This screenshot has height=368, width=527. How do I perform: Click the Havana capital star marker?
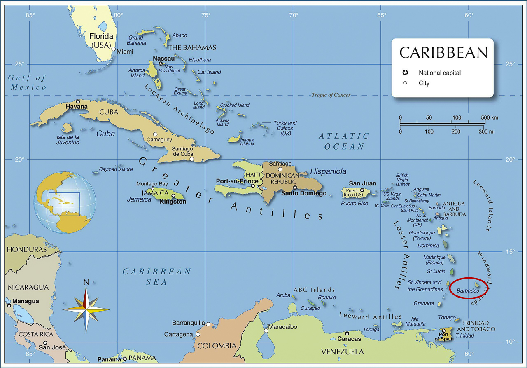(x=78, y=101)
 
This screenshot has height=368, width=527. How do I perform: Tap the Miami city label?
(x=125, y=52)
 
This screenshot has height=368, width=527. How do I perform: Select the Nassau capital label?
(x=163, y=59)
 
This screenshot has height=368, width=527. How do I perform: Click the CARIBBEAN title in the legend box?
(x=443, y=53)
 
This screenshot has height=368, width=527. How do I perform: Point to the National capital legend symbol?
(x=405, y=73)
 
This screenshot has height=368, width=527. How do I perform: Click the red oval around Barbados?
(x=469, y=288)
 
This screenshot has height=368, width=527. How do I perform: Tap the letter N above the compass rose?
(x=86, y=282)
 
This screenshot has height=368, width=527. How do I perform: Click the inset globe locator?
(x=65, y=203)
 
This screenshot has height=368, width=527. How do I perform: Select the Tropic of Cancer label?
(x=331, y=95)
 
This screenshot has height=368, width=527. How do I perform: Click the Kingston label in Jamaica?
(x=173, y=202)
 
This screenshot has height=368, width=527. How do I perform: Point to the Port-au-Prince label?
(x=237, y=181)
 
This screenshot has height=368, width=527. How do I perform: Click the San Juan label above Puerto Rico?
(x=362, y=183)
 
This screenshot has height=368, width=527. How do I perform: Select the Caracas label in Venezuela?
(x=349, y=339)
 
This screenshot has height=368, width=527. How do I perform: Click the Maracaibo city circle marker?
(x=266, y=330)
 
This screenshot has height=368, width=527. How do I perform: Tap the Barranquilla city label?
(x=188, y=323)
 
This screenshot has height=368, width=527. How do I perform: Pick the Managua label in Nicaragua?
(x=26, y=301)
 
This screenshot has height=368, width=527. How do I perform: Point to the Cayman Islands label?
(x=117, y=169)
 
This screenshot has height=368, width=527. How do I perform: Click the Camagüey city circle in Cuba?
(x=155, y=134)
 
